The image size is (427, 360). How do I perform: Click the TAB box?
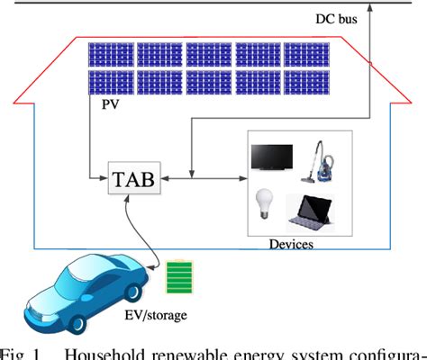[x=132, y=179]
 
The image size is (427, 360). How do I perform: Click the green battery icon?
[x=181, y=276]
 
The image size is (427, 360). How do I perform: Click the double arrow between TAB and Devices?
[x=199, y=178]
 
